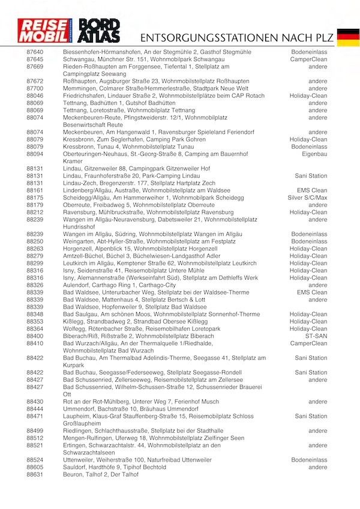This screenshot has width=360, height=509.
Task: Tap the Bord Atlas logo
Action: [x=100, y=31]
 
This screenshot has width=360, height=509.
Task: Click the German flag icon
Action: [x=348, y=37]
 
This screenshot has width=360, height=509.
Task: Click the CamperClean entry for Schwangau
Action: [x=308, y=59]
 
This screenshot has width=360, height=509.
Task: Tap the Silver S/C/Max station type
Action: [x=307, y=197]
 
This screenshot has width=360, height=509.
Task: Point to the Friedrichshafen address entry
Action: [x=163, y=95]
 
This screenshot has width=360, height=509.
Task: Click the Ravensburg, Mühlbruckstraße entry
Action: [x=148, y=212]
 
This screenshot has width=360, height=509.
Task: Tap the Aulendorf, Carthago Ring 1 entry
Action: [x=119, y=285]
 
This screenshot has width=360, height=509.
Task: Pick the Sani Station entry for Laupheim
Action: [x=311, y=415]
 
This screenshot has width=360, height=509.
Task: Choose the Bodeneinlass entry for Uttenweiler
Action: [x=309, y=460]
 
